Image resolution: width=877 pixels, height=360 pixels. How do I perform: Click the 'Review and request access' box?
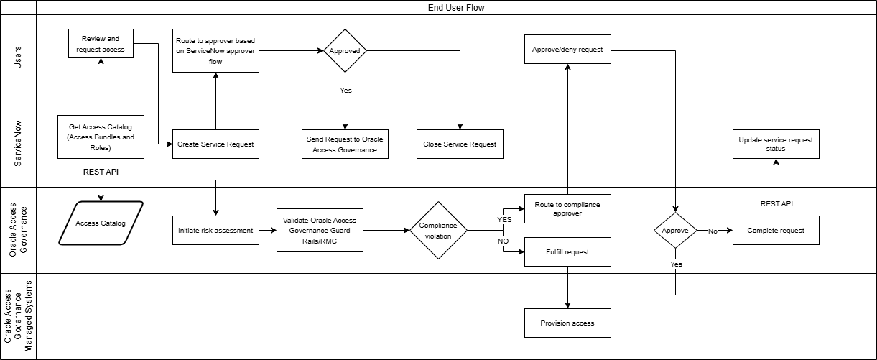coord(101,44)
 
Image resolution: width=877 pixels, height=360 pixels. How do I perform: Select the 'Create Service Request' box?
coord(215,144)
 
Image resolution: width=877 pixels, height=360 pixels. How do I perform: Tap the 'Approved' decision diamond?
coord(345,51)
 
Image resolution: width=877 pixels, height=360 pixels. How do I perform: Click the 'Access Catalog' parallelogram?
coord(101,223)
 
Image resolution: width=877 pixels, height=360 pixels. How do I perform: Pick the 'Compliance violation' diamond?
coord(438,231)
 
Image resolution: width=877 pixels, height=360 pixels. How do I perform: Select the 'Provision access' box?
coord(567,323)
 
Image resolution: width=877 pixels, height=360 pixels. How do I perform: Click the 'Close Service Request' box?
coord(460,144)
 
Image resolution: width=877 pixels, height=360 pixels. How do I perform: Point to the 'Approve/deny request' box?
coord(567,50)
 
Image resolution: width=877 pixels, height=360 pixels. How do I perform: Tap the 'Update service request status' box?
coord(776,144)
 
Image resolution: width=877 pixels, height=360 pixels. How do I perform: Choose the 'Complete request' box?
coord(776,231)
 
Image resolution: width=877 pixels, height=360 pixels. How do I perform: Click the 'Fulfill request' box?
coord(567,251)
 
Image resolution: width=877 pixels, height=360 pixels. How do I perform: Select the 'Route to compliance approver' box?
coord(567,208)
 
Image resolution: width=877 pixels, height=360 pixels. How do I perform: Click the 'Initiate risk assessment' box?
coord(215,231)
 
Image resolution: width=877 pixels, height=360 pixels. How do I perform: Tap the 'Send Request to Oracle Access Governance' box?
coord(345,144)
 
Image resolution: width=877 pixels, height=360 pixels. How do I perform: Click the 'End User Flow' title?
coord(456,8)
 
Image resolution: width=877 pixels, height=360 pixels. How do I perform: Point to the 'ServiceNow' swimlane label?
coord(18,144)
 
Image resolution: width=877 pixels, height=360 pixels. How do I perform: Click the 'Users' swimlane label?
coord(18,57)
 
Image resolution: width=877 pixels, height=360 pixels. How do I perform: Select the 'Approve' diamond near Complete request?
coord(675,231)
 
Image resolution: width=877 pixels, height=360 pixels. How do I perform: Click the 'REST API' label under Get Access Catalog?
coord(101,172)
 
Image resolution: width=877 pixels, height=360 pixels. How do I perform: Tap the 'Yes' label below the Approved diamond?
coord(345,91)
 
